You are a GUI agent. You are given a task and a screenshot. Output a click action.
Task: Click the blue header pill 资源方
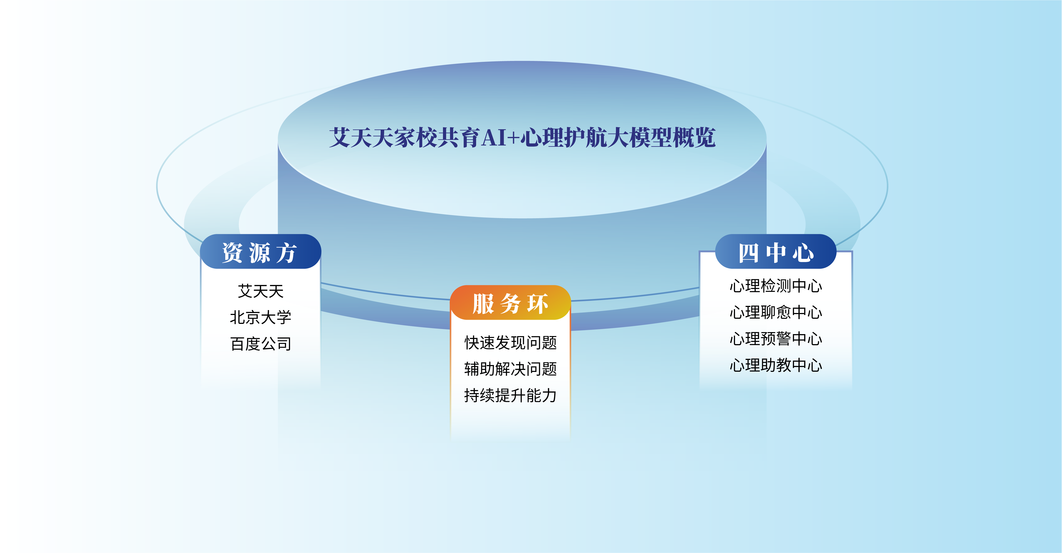tap(261, 251)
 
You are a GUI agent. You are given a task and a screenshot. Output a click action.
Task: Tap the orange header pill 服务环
tap(510, 303)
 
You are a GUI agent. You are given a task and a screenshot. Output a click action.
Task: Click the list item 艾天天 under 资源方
tap(261, 291)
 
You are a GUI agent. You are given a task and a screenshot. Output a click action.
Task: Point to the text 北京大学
tap(261, 317)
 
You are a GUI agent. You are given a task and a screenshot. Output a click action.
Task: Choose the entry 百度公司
tap(261, 344)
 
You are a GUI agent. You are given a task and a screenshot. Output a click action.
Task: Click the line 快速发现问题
tap(510, 342)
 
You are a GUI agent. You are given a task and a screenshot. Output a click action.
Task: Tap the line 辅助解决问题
tap(510, 369)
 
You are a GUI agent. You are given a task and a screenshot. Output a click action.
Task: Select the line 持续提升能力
tap(510, 395)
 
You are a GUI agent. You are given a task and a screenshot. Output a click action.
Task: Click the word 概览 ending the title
tap(694, 138)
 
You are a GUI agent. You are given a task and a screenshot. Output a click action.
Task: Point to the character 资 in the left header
tap(233, 252)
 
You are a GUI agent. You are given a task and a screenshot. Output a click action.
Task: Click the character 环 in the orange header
tap(538, 304)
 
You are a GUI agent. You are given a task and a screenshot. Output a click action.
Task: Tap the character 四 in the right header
tap(748, 252)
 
